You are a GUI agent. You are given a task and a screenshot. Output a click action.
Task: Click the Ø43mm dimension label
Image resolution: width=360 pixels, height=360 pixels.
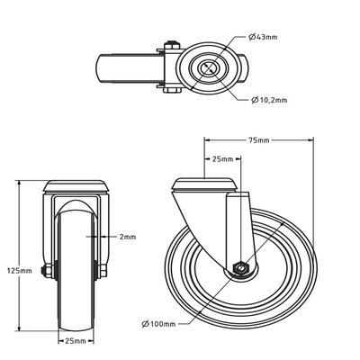click(263, 37)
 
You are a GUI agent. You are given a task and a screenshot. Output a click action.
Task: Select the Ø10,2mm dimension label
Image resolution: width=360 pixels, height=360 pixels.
click(269, 100)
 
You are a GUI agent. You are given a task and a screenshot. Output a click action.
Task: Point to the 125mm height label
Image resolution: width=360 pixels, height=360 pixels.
click(20, 271)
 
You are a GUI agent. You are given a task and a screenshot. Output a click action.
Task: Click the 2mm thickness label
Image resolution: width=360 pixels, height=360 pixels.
click(128, 237)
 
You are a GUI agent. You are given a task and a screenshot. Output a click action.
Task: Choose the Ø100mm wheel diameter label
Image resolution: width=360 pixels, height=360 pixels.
click(158, 324)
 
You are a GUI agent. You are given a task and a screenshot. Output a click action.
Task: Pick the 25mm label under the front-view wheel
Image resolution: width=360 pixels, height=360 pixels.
click(76, 341)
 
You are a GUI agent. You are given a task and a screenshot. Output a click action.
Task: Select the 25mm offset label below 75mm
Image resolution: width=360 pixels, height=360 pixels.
click(222, 159)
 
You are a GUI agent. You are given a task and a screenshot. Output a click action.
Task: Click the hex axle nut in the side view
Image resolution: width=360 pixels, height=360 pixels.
click(239, 268)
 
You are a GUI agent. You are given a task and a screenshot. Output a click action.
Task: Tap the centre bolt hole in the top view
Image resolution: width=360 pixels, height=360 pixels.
click(210, 67)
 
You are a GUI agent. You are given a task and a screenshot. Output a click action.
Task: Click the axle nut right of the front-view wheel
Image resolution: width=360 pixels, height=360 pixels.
click(103, 271)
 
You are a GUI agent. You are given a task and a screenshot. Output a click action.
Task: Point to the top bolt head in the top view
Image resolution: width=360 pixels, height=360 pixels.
click(172, 45)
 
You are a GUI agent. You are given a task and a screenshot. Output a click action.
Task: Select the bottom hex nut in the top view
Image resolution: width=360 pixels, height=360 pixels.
click(172, 90)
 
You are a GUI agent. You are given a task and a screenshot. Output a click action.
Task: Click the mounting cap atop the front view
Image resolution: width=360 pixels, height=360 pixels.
click(76, 186)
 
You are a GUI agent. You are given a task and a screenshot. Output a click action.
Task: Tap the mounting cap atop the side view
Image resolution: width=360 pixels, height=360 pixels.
click(205, 184)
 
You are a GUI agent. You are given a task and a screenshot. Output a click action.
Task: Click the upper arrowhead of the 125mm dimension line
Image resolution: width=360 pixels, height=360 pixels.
click(20, 184)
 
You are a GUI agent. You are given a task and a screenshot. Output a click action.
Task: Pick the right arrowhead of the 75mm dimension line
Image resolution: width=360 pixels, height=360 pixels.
click(310, 139)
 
